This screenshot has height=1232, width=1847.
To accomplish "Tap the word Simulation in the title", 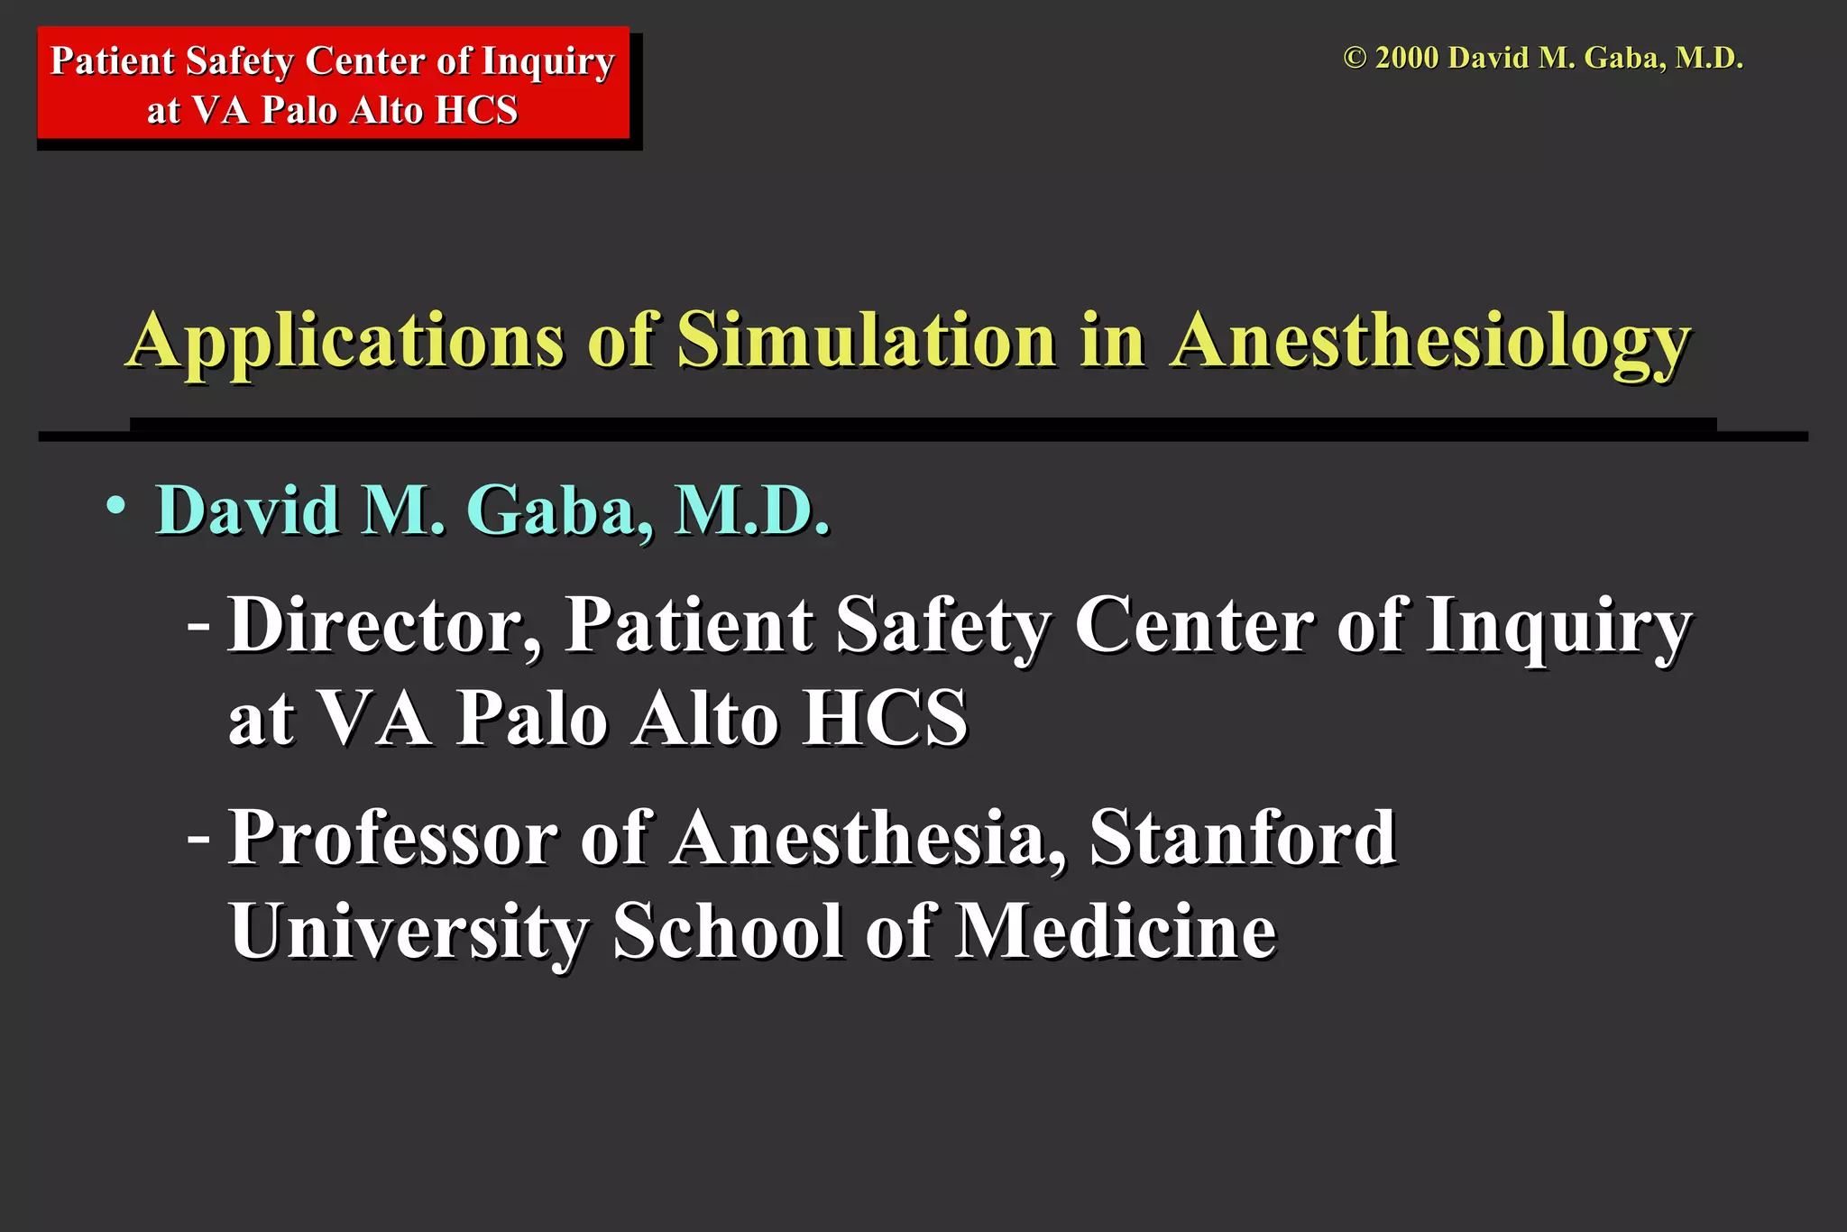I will pos(867,340).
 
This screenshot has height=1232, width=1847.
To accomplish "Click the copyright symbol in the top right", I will pos(1355,59).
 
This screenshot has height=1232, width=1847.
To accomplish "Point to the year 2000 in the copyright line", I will pos(1407,59).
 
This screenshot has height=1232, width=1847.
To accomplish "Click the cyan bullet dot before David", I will pos(115,506).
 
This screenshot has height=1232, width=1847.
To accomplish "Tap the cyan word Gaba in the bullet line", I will pos(559,510).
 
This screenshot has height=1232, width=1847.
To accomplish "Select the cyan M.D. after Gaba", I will pos(752,510).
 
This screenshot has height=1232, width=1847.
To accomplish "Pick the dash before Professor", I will pos(198,837).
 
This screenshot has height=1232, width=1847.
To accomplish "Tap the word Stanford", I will pos(1244,837).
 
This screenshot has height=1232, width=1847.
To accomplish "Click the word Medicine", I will pos(1116,930).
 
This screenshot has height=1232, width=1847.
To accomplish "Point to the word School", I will pos(728,930).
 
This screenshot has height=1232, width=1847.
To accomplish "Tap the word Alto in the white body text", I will pos(704,719).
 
